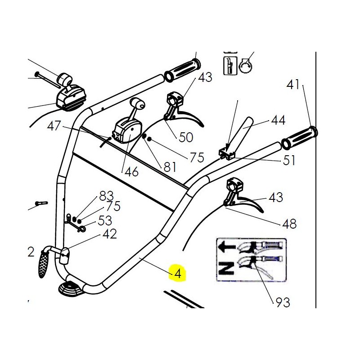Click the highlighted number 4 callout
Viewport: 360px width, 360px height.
coord(178,273)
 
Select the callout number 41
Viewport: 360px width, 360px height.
coord(293,84)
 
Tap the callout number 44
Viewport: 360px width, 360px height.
coord(278,121)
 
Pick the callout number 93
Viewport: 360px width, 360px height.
coord(283,302)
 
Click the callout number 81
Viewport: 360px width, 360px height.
coord(170,167)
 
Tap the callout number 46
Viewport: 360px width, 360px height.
coord(132,171)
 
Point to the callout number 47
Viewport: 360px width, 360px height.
coord(54,126)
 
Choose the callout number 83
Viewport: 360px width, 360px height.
coord(106,196)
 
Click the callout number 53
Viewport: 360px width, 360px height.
coord(104,221)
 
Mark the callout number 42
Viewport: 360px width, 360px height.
coord(109,234)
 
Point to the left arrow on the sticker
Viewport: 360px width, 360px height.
coord(225,247)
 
